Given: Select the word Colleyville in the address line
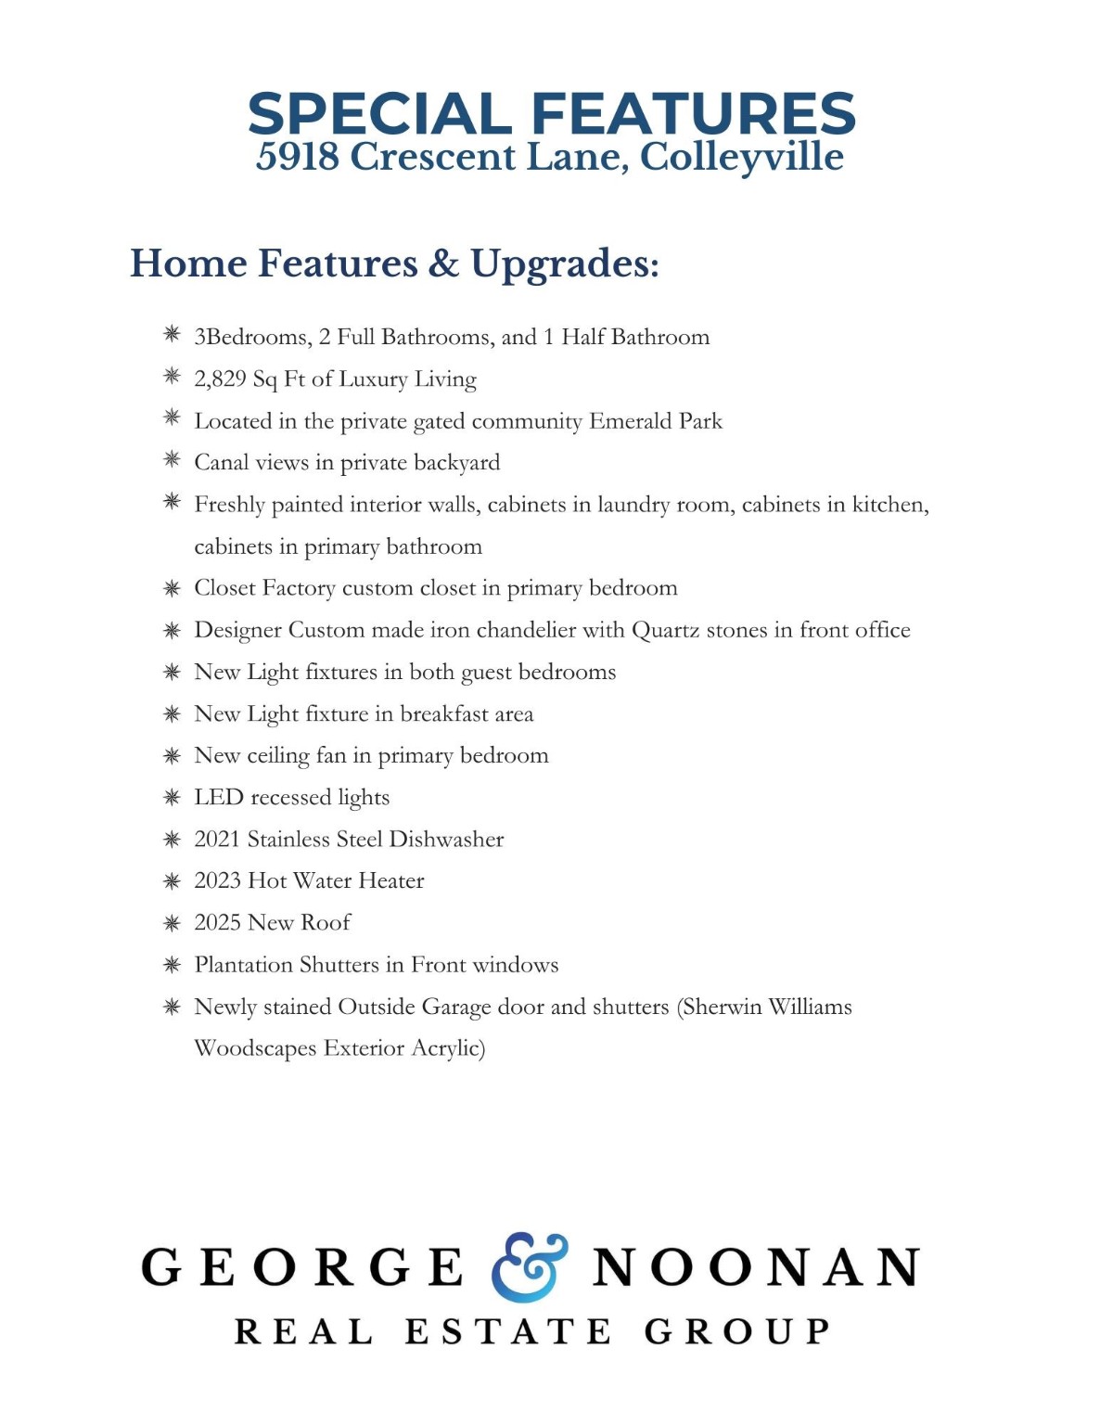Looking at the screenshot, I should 742,157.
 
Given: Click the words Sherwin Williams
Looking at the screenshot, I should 766,1007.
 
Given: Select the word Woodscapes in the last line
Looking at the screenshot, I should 255,1048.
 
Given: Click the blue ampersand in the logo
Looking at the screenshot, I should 529,1267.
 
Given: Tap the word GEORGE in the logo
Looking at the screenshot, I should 302,1268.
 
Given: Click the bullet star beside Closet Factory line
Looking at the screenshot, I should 172,588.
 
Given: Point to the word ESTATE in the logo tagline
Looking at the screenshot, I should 508,1332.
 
